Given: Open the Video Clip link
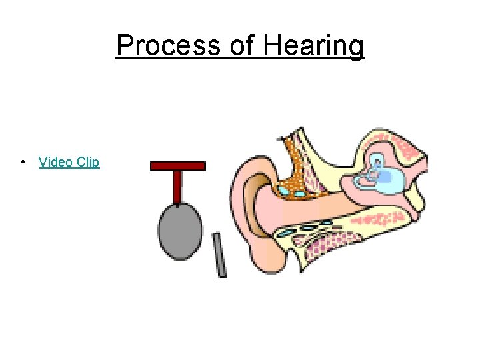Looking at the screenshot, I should (69, 162).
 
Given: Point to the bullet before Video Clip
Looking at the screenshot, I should (23, 162).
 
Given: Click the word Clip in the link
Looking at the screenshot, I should (88, 162).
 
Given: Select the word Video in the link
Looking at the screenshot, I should (55, 162).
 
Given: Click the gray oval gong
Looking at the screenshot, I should (179, 231).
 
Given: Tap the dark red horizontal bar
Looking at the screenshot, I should (177, 165).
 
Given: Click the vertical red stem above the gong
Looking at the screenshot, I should (177, 187).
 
